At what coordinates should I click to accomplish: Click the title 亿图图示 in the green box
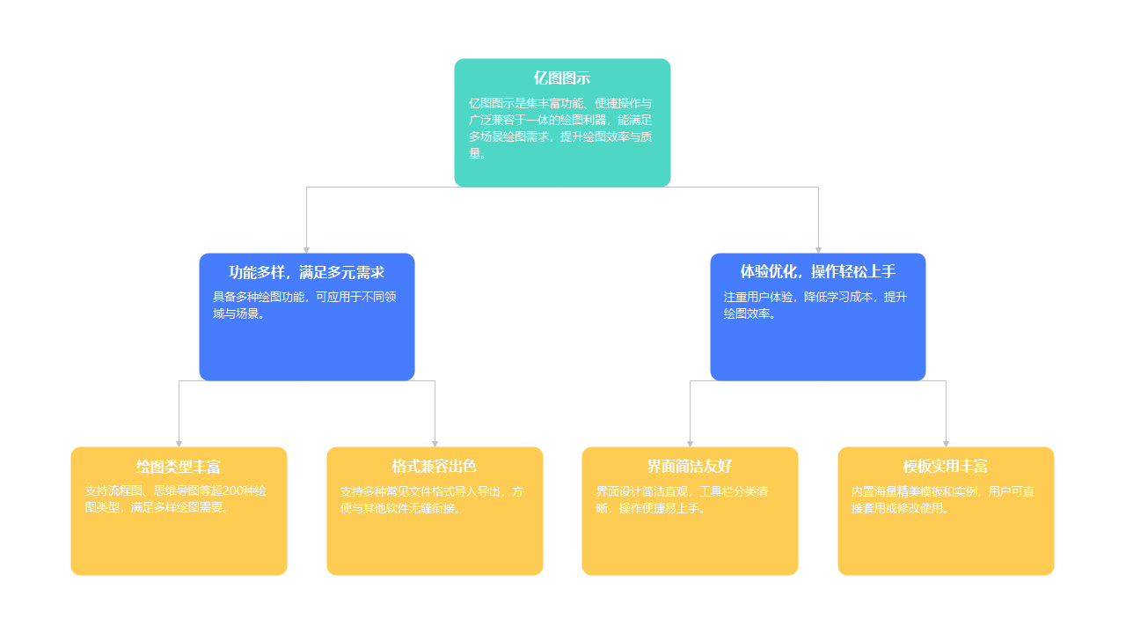[562, 78]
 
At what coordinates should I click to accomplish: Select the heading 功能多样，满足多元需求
[306, 272]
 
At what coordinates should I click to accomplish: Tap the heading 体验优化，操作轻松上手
[817, 272]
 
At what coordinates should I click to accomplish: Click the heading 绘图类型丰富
[179, 467]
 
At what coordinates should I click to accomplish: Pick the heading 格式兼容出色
[435, 467]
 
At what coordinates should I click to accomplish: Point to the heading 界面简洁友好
[690, 467]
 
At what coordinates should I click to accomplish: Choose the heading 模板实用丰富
[946, 467]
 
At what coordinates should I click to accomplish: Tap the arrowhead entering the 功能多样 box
[306, 249]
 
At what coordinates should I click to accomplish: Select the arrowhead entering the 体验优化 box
[818, 249]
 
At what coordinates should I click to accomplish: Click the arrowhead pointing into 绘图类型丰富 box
[179, 443]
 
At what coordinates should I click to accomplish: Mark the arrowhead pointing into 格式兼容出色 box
[435, 443]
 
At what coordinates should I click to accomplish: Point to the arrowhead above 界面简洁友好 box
[690, 443]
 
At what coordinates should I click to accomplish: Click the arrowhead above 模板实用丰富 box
[946, 443]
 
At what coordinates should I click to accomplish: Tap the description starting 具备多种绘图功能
[304, 306]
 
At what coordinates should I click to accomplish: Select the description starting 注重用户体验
[815, 306]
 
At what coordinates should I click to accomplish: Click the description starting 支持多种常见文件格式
[431, 499]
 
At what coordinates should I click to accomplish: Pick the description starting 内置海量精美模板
[942, 499]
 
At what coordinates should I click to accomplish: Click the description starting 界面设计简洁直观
[682, 499]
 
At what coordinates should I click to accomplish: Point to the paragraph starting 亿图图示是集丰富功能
[560, 129]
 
